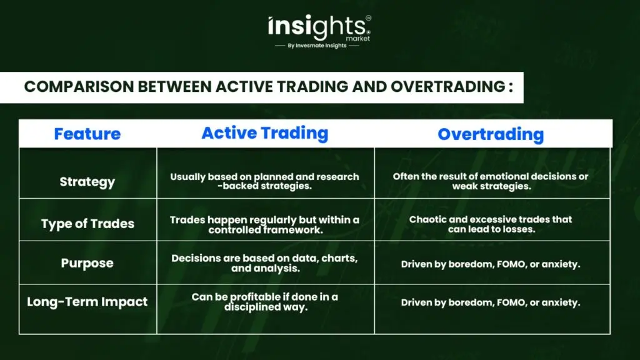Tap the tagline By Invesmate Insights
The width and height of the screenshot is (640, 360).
point(317,46)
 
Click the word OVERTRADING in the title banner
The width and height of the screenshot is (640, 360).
point(447,86)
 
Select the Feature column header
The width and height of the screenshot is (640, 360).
point(87,134)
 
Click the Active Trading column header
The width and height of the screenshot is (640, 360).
point(265,133)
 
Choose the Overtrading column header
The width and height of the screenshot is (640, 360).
point(491,134)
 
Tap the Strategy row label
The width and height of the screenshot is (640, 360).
point(87,182)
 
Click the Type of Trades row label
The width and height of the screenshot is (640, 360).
point(87,224)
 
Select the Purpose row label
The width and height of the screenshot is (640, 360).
point(87,263)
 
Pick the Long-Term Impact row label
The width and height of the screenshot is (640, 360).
point(87,302)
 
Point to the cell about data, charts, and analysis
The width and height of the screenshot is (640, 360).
point(264,263)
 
